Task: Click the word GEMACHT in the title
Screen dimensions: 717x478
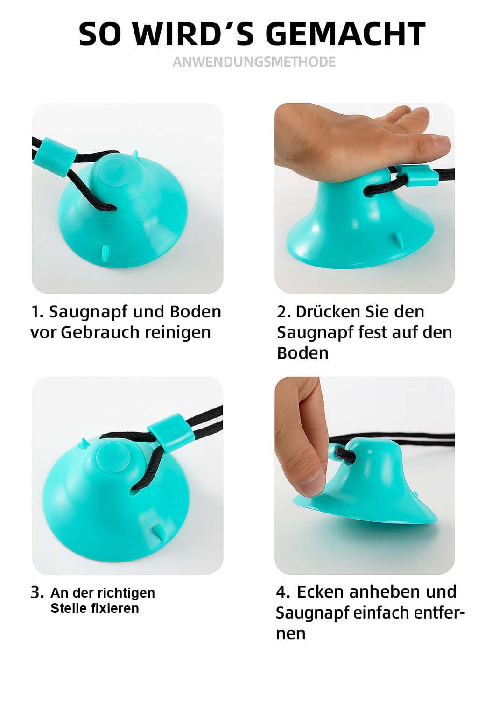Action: [x=345, y=34]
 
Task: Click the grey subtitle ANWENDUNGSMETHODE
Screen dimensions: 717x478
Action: [x=254, y=62]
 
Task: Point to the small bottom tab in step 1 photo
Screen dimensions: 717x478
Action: [x=105, y=252]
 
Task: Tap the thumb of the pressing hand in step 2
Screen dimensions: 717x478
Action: [x=436, y=146]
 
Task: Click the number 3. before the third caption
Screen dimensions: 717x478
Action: [x=37, y=593]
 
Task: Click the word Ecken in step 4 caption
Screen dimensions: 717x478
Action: [x=320, y=592]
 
